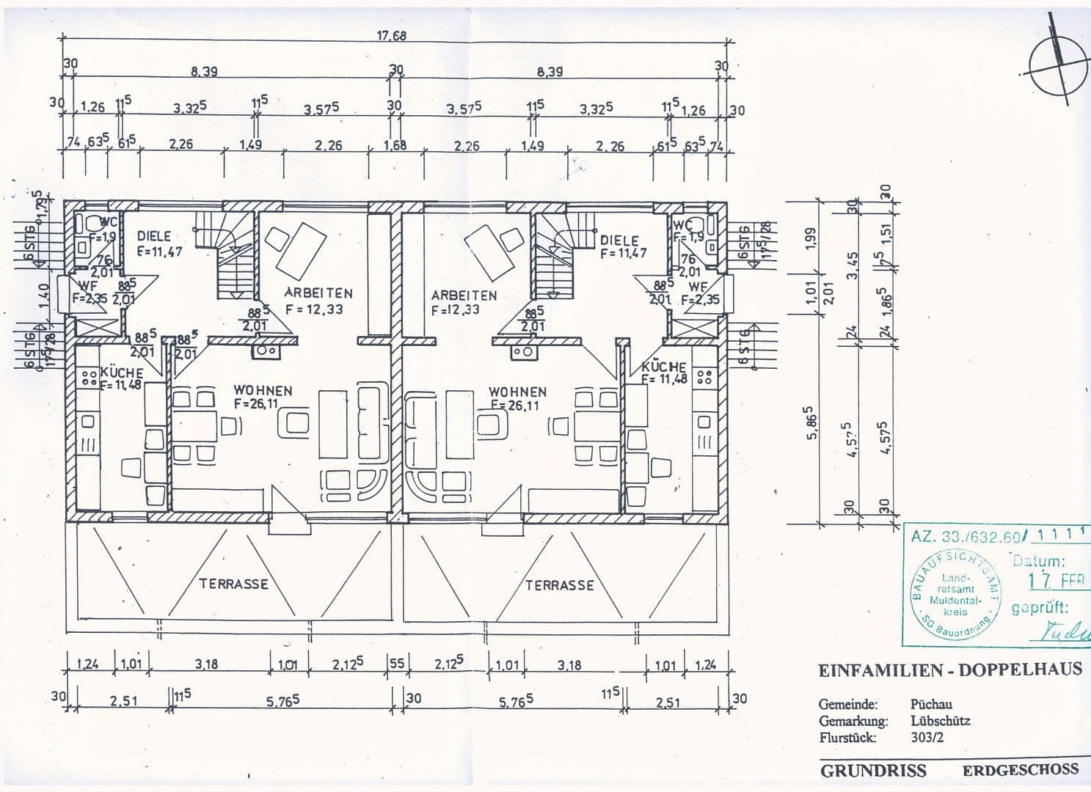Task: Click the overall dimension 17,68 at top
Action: (x=392, y=35)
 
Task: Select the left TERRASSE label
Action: (x=233, y=584)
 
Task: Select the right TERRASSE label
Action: (x=559, y=585)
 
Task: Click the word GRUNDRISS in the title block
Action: (x=873, y=771)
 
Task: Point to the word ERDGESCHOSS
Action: (x=1021, y=770)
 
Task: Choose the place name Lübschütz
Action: (x=940, y=721)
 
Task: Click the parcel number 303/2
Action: (x=927, y=738)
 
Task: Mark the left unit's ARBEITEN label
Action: (x=318, y=293)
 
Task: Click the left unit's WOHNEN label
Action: (x=263, y=390)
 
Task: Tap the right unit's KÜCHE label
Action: (x=663, y=367)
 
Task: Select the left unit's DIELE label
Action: (x=154, y=236)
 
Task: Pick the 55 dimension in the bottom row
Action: (x=396, y=664)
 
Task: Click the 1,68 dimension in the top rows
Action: (x=395, y=145)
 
